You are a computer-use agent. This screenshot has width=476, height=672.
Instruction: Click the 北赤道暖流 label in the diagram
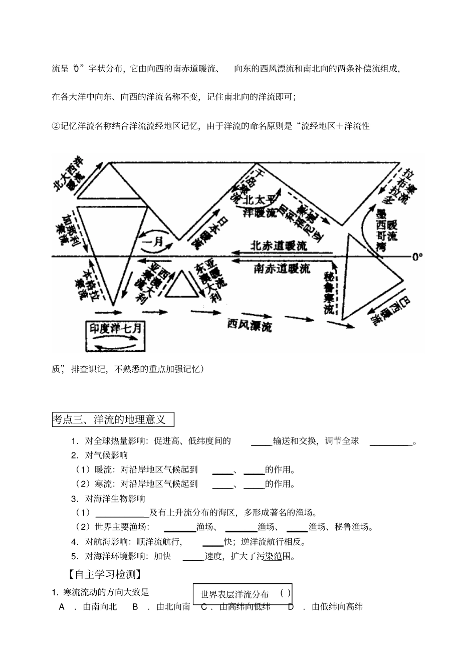click(279, 246)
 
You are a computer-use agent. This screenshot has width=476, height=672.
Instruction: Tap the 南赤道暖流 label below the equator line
click(282, 268)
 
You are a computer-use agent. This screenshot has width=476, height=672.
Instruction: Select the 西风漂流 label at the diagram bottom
click(249, 326)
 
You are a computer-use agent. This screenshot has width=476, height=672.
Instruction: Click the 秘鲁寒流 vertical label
click(329, 293)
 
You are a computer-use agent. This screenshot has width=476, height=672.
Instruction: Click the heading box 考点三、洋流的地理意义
click(113, 419)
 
